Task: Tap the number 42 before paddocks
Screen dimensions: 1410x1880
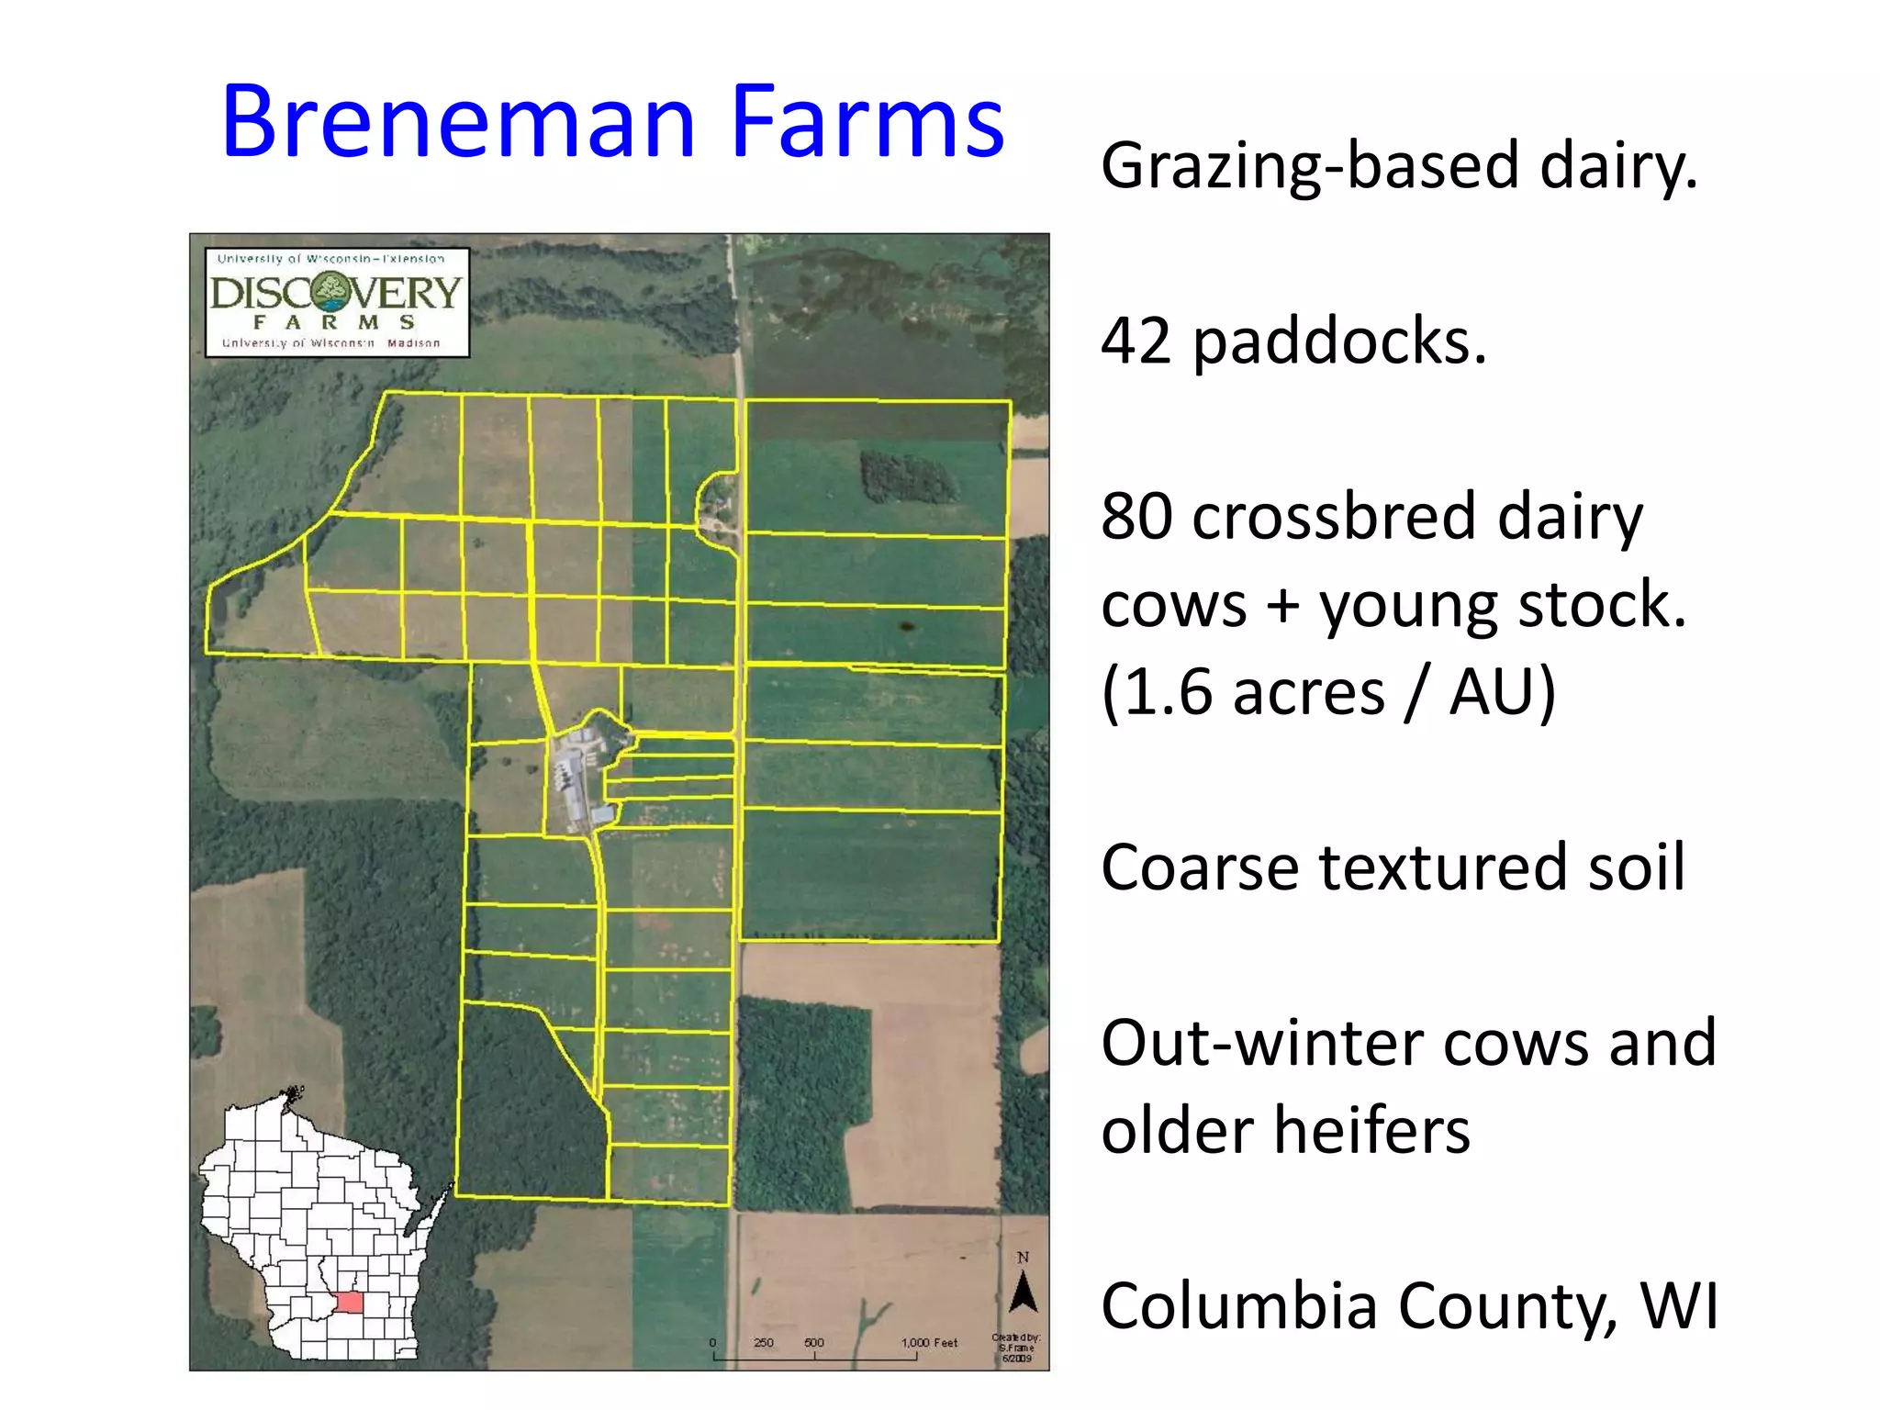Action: (1136, 341)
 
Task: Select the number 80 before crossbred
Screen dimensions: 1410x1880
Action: (1136, 516)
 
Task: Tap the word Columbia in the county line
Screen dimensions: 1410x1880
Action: (1238, 1305)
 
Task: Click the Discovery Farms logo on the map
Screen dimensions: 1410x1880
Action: (337, 302)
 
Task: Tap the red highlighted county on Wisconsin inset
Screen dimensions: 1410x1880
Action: (350, 1302)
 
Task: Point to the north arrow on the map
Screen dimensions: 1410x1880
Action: (1023, 1292)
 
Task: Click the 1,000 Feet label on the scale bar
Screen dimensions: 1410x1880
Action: (929, 1342)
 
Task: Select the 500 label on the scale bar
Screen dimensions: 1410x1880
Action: (813, 1342)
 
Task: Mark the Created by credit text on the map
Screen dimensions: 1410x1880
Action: (1015, 1348)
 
